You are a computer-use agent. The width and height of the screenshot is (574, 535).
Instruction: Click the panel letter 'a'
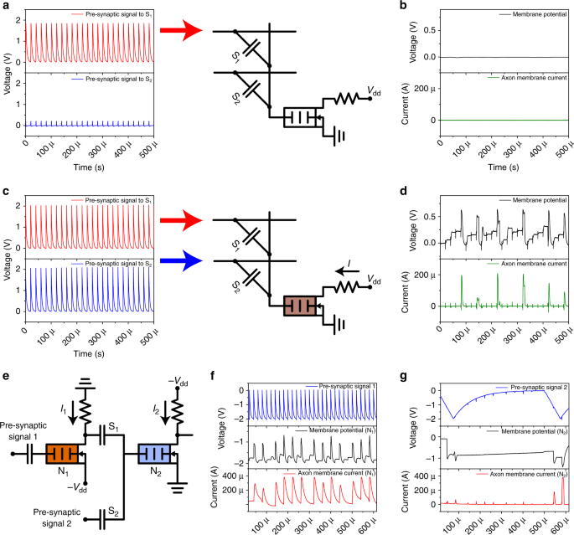pos(5,7)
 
